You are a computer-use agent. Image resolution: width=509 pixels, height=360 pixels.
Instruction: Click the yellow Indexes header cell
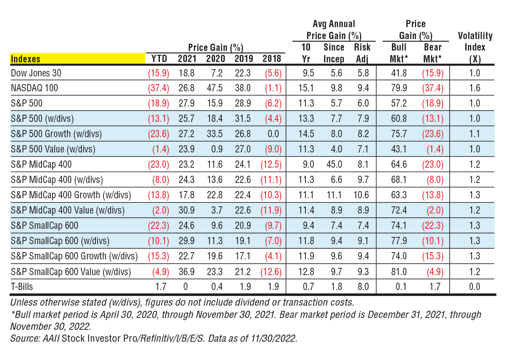click(78, 59)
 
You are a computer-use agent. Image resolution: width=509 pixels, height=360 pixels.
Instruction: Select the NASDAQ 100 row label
click(35, 88)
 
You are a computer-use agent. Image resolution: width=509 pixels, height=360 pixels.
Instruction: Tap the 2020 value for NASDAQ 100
click(215, 88)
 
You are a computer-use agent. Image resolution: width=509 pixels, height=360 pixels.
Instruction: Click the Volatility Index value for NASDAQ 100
click(475, 88)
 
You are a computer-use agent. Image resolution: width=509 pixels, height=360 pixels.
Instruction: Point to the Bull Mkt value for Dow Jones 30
click(399, 73)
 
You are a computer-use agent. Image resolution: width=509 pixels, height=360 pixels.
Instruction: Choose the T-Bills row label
click(22, 287)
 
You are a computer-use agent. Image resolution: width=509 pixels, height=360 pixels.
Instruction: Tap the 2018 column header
click(271, 59)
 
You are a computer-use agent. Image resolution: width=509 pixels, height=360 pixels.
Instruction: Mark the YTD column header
click(159, 59)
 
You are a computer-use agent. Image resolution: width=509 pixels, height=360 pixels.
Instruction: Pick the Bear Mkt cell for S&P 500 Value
click(433, 149)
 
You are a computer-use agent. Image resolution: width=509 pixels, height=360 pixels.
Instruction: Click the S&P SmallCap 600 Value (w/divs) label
click(71, 271)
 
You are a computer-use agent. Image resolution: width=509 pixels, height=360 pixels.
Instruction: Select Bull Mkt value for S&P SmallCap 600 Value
click(399, 271)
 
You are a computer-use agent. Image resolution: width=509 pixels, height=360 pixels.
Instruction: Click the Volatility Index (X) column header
click(475, 48)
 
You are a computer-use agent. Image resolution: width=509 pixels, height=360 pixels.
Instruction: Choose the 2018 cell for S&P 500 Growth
click(271, 134)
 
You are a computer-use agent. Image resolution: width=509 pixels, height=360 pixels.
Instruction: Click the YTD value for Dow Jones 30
click(157, 73)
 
